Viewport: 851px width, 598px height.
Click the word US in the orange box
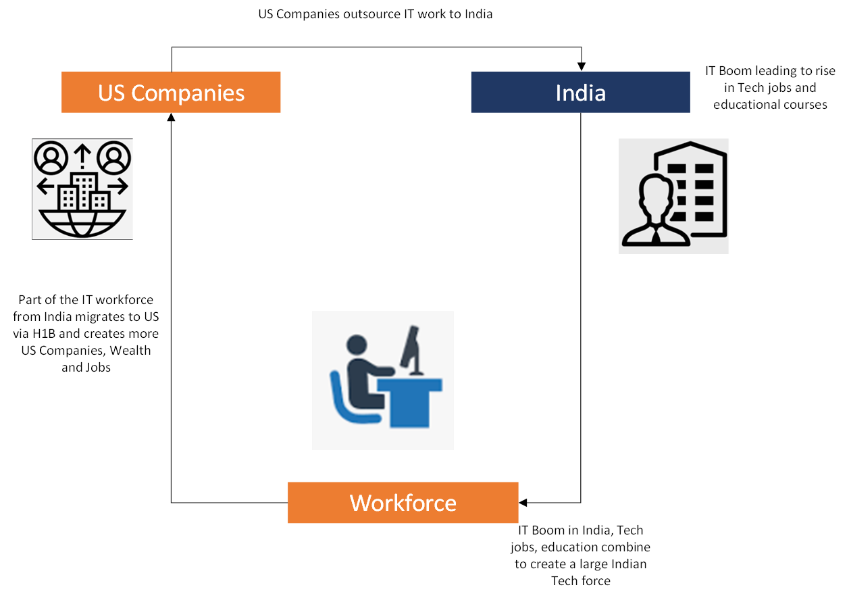[112, 93]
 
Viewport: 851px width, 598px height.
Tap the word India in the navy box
[580, 93]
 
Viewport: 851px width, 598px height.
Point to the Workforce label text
[403, 503]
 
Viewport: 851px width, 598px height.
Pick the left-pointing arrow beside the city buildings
[46, 186]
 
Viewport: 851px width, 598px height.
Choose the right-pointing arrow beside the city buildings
[118, 186]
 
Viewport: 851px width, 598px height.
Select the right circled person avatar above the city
[113, 157]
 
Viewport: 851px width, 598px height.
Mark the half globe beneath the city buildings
[82, 224]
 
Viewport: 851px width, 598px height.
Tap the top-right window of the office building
[704, 168]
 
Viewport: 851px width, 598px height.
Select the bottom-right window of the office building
[704, 217]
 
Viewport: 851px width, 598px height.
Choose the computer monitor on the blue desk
[411, 348]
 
